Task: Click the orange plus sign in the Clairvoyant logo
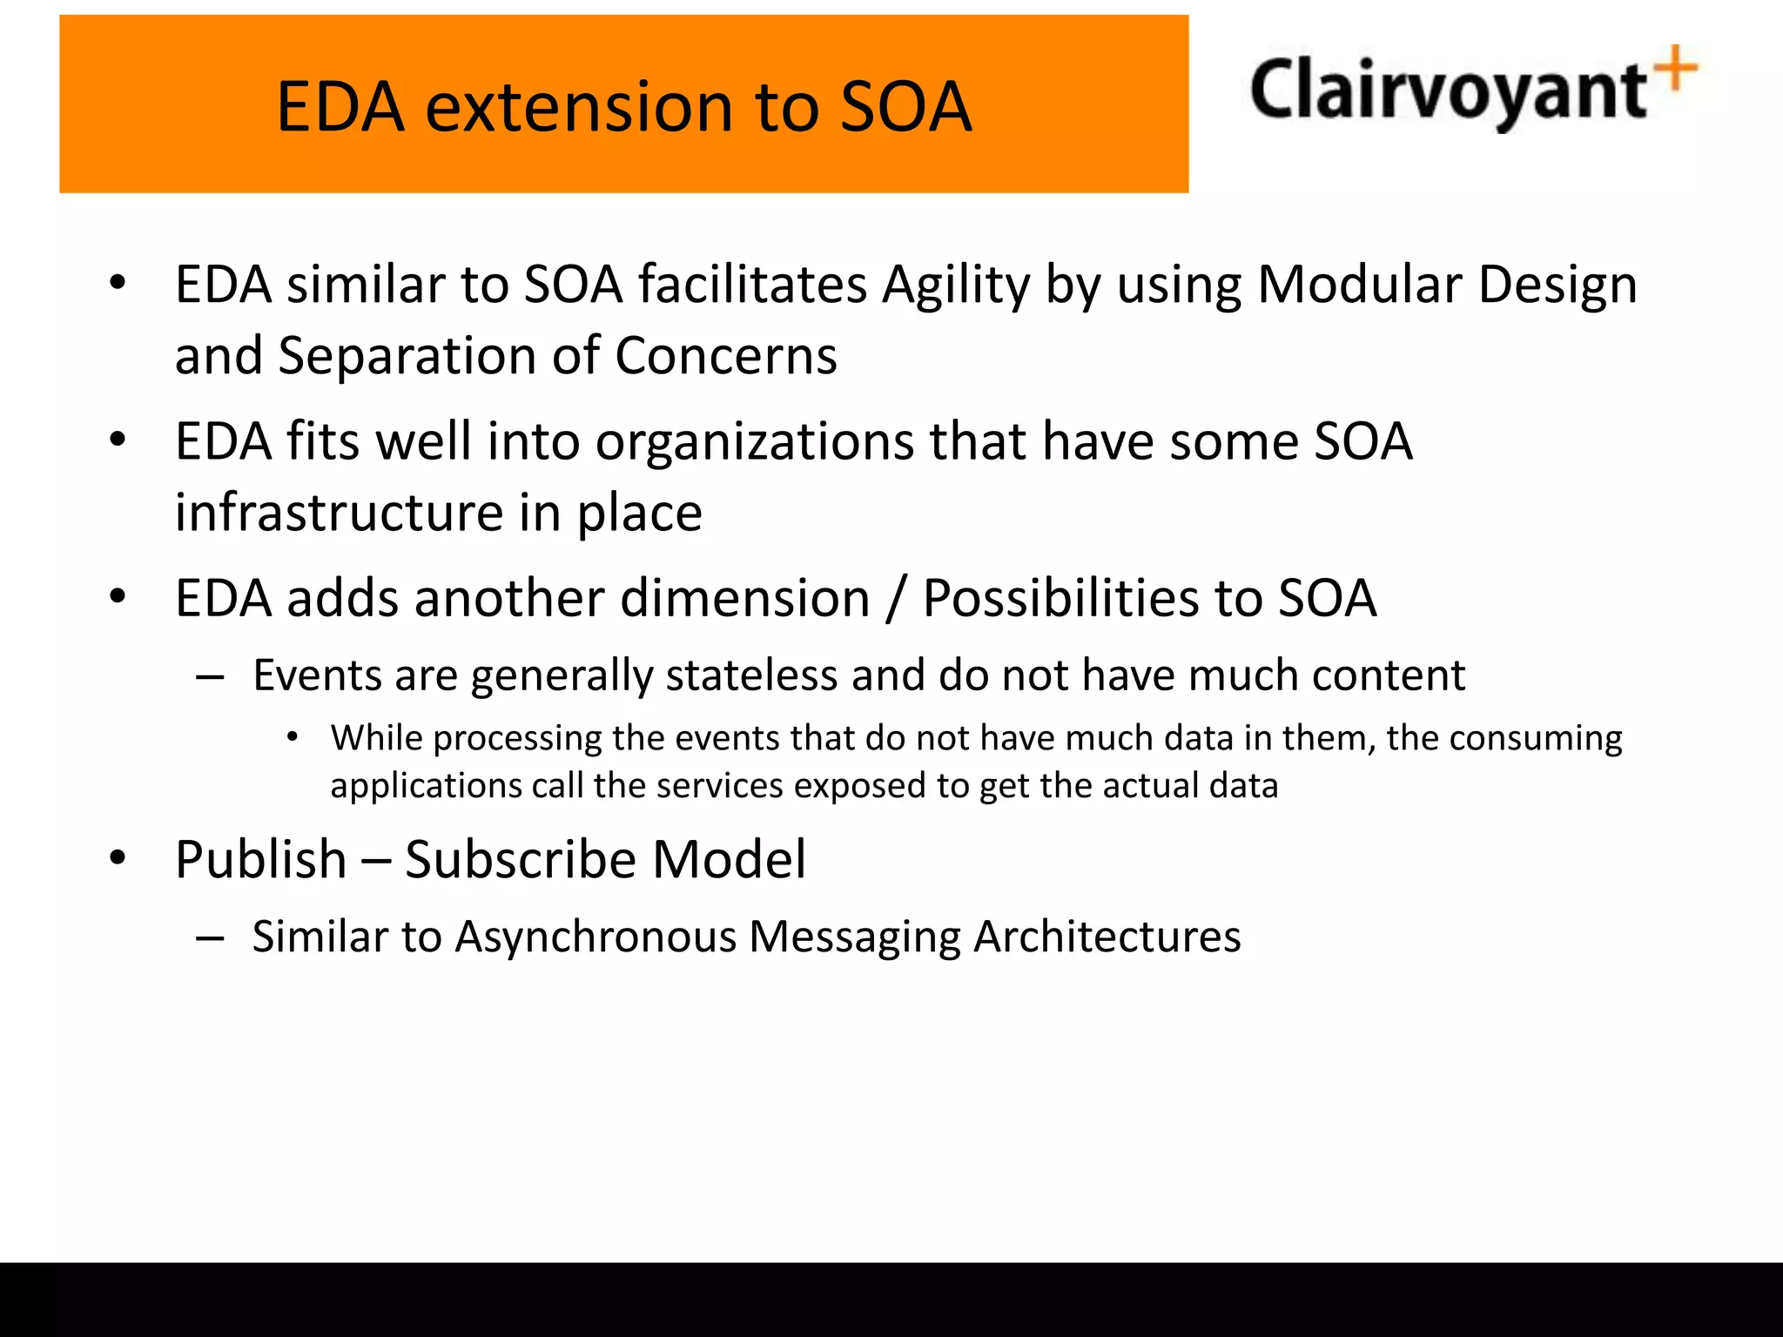(x=1676, y=69)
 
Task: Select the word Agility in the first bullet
(x=955, y=286)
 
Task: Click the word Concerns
(x=726, y=357)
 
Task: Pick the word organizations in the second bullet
(x=754, y=442)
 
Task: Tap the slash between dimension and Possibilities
(x=895, y=600)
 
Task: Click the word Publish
(x=260, y=860)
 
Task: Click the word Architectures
(x=1107, y=937)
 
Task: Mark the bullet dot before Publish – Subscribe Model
(x=118, y=858)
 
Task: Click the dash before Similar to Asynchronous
(x=211, y=938)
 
